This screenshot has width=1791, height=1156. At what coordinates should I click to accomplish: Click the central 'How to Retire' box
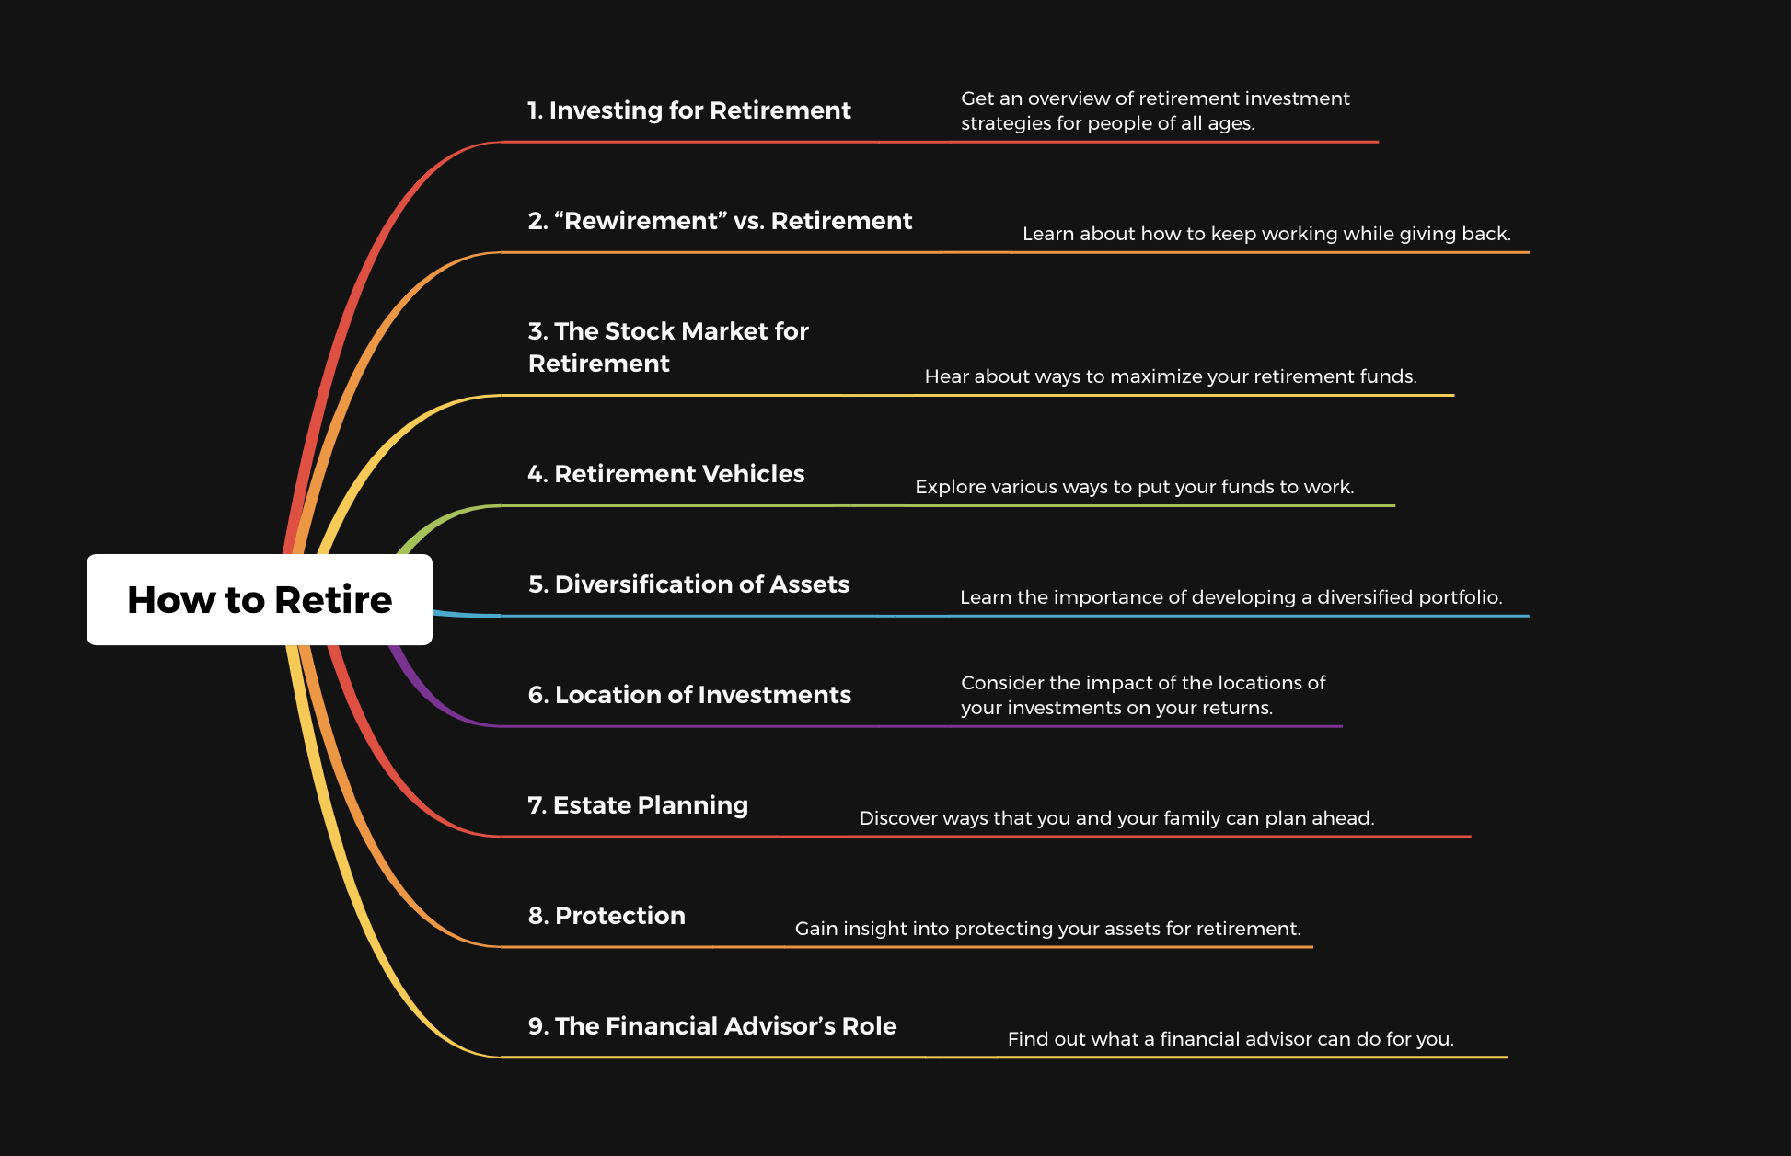pos(260,599)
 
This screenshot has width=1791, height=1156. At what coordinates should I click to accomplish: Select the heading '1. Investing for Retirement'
pos(688,110)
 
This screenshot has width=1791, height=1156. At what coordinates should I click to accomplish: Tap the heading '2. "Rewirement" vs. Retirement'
pos(720,221)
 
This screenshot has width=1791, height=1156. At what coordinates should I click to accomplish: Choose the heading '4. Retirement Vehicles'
pos(666,474)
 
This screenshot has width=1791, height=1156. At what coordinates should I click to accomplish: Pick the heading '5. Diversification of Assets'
pos(688,584)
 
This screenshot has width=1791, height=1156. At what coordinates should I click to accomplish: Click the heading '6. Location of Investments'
pos(689,695)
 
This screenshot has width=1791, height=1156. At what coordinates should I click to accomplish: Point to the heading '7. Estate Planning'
pos(638,805)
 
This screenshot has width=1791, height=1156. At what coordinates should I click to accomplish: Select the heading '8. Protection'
pos(607,916)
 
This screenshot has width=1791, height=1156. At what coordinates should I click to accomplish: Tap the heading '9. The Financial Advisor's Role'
pos(712,1026)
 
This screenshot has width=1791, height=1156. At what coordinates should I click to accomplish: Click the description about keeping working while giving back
pos(1266,234)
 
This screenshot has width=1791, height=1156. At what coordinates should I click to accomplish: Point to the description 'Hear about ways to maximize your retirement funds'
pos(1171,376)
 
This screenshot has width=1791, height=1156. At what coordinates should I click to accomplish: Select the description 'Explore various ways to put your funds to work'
pos(1135,487)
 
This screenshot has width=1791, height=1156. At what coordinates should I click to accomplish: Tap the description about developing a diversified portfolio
pos(1231,597)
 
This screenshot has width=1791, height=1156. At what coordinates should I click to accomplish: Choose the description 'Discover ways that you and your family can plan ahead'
pos(1117,818)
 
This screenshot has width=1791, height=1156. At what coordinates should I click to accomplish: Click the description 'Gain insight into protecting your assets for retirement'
pos(1048,929)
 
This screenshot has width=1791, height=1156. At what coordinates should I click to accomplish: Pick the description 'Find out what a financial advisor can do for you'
pos(1231,1039)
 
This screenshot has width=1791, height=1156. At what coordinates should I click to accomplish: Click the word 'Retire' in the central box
pos(333,600)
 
